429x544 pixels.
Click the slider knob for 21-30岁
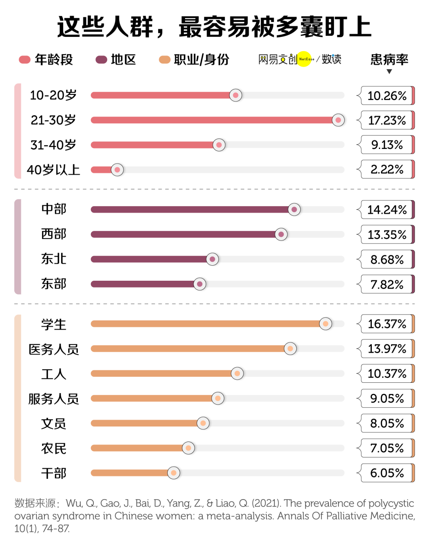pos(338,120)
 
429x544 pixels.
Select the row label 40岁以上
pos(53,170)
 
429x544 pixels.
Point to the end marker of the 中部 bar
pos(294,210)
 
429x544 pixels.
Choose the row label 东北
pos(54,259)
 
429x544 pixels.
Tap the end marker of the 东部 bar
pos(200,284)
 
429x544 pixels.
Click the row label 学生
pos(54,324)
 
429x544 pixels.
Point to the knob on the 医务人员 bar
pos(290,349)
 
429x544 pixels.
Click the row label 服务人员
pos(54,399)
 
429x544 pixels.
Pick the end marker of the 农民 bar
pos(188,448)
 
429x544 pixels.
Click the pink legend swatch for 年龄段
pos(25,60)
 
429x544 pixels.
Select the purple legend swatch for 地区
pos(101,60)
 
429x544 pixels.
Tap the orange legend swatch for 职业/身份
pos(164,60)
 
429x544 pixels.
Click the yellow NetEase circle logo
pos(305,59)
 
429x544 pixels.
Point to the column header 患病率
pos(389,60)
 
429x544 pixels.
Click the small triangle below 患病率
pos(389,71)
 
